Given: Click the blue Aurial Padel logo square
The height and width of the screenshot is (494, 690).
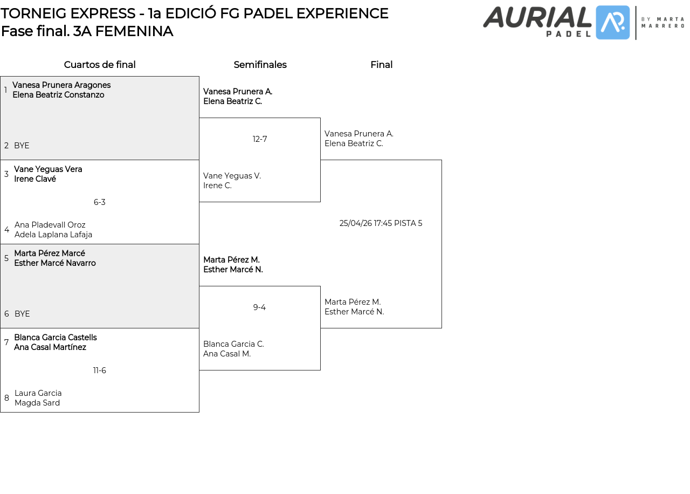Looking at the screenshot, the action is click(x=613, y=23).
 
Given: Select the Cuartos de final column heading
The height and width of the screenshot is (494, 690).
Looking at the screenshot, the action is click(x=100, y=65).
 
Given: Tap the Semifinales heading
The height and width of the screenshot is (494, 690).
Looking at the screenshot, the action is click(x=260, y=65).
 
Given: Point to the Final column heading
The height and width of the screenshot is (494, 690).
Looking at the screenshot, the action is click(x=381, y=65).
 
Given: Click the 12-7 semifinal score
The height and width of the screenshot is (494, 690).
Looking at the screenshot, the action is click(x=260, y=139).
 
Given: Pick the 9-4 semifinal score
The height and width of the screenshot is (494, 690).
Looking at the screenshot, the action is click(x=259, y=307).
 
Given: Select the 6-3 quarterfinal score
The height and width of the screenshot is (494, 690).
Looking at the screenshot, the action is click(x=100, y=202).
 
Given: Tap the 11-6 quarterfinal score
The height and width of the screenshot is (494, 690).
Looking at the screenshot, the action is click(x=100, y=370).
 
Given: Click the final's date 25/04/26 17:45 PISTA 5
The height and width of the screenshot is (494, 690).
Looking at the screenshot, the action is click(x=381, y=223).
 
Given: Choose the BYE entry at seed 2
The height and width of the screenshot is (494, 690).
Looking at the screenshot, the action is click(x=22, y=146).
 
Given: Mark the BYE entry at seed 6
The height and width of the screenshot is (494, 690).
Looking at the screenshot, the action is click(x=22, y=314).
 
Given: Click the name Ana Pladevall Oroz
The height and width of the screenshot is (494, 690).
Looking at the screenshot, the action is click(x=50, y=225).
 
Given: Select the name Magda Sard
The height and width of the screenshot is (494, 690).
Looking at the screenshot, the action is click(x=37, y=403).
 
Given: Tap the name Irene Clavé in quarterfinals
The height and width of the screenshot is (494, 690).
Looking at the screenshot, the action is click(x=35, y=179).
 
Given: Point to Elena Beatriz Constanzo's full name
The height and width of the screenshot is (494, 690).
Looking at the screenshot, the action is click(x=58, y=94).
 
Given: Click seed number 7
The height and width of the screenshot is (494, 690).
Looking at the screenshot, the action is click(x=6, y=342).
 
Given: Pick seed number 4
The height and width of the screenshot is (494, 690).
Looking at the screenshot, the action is click(x=7, y=230).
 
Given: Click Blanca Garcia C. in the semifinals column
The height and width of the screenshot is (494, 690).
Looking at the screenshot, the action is click(x=233, y=344).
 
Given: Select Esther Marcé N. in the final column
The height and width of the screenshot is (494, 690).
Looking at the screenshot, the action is click(x=354, y=312).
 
